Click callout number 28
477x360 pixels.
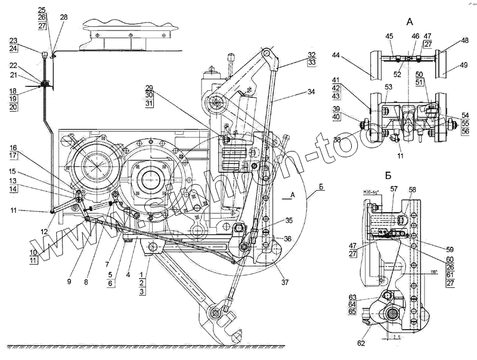coord(64,17)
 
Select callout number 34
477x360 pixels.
coord(311,92)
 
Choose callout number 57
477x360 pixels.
coord(394,188)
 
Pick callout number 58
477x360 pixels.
coord(412,190)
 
